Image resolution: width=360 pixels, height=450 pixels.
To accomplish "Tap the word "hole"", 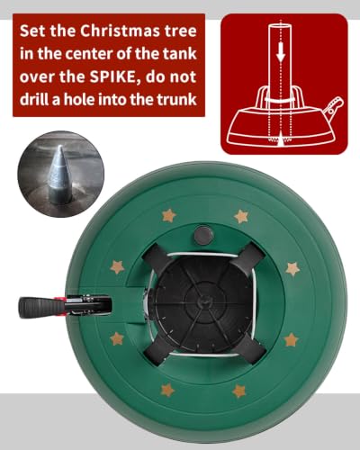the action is pos(79,100).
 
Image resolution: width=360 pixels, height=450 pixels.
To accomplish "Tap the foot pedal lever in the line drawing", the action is pos(334,107).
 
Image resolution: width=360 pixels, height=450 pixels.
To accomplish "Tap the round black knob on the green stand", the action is pos(203,236).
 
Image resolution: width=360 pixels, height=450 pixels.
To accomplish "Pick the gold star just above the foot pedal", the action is pos(117,266).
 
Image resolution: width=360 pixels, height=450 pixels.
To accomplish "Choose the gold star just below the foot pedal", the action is pos(117,338).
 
